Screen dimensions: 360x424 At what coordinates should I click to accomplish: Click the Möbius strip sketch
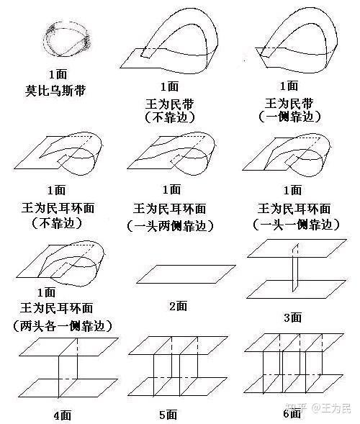pos(47,40)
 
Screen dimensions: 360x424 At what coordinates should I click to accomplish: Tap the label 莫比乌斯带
pos(55,90)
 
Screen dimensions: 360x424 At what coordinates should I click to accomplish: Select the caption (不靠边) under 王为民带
pos(170,117)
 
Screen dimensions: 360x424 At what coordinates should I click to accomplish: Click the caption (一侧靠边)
pos(289,117)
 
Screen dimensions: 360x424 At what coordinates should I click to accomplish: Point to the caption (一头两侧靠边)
pos(170,226)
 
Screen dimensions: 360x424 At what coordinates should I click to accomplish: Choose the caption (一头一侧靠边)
pos(296,225)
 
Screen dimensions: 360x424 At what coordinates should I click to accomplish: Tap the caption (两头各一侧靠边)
pos(63,326)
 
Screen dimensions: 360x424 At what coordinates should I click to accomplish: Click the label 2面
pos(179,306)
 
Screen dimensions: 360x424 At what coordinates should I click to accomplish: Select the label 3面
pos(293,317)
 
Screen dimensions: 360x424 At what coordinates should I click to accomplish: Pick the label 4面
pos(63,415)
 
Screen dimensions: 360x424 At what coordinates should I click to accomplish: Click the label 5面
pos(168,415)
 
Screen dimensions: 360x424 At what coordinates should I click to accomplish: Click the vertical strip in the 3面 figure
pos(295,268)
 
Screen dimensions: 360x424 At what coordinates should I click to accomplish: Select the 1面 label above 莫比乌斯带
pos(58,74)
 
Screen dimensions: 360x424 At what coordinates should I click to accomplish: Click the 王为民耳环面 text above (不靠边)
pos(58,209)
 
